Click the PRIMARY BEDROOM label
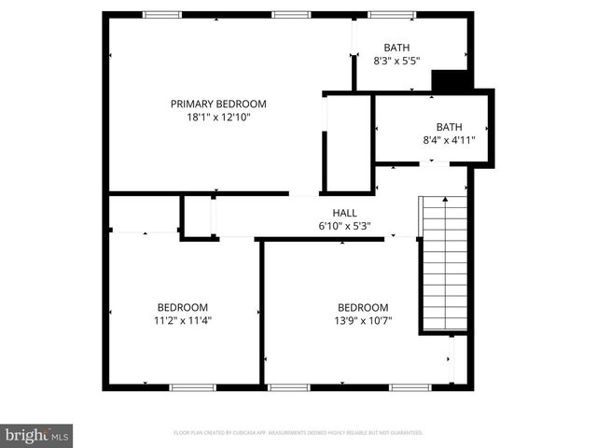(218, 104)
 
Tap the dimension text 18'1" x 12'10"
(218, 118)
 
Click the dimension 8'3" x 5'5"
(396, 63)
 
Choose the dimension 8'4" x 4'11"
(449, 140)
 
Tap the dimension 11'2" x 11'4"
(182, 320)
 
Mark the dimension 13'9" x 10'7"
(363, 321)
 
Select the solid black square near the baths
(453, 82)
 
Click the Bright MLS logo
(36, 435)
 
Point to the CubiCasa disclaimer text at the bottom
(298, 433)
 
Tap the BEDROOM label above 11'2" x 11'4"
(182, 307)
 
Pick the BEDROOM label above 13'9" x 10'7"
(363, 308)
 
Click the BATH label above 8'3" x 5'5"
(396, 49)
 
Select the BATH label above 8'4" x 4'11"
(449, 127)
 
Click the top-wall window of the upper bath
(392, 14)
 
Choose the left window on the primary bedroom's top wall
(161, 14)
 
